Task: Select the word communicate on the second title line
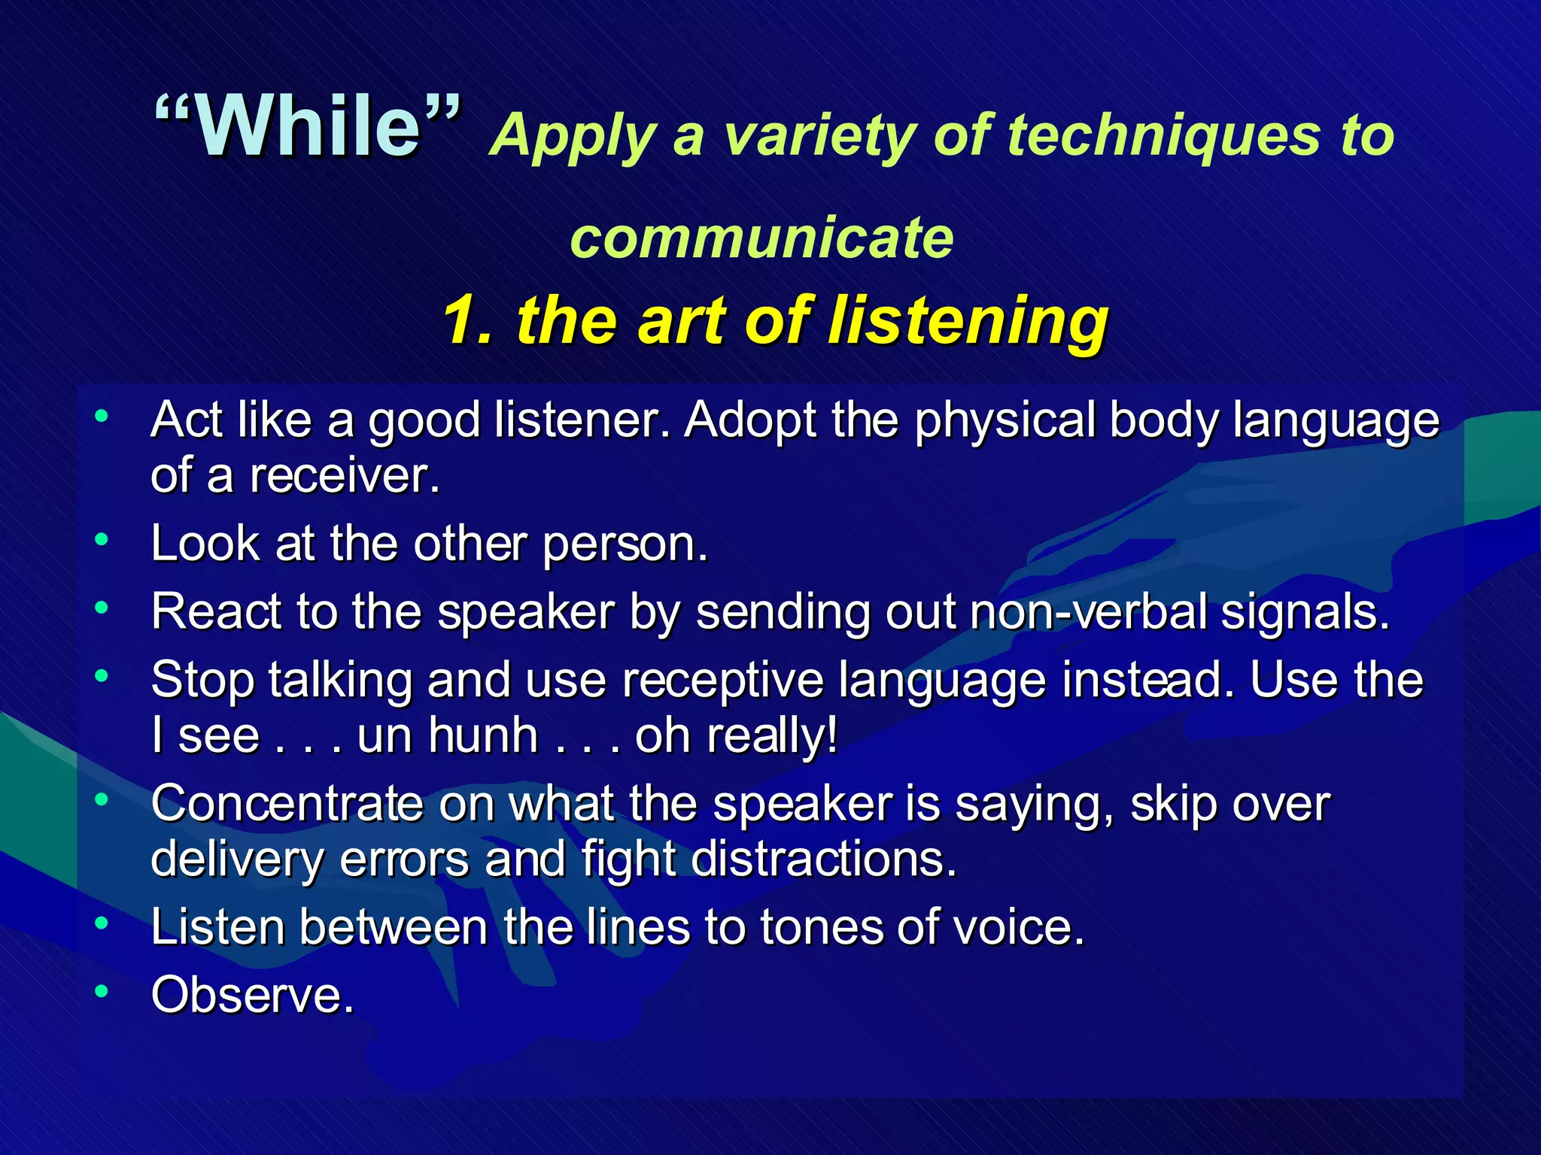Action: [761, 238]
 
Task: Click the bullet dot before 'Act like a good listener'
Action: [102, 416]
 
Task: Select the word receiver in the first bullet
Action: [343, 476]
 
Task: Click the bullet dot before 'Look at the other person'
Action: [102, 540]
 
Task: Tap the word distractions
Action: [823, 859]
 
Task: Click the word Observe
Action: [252, 996]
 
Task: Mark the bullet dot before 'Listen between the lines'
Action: [102, 923]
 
